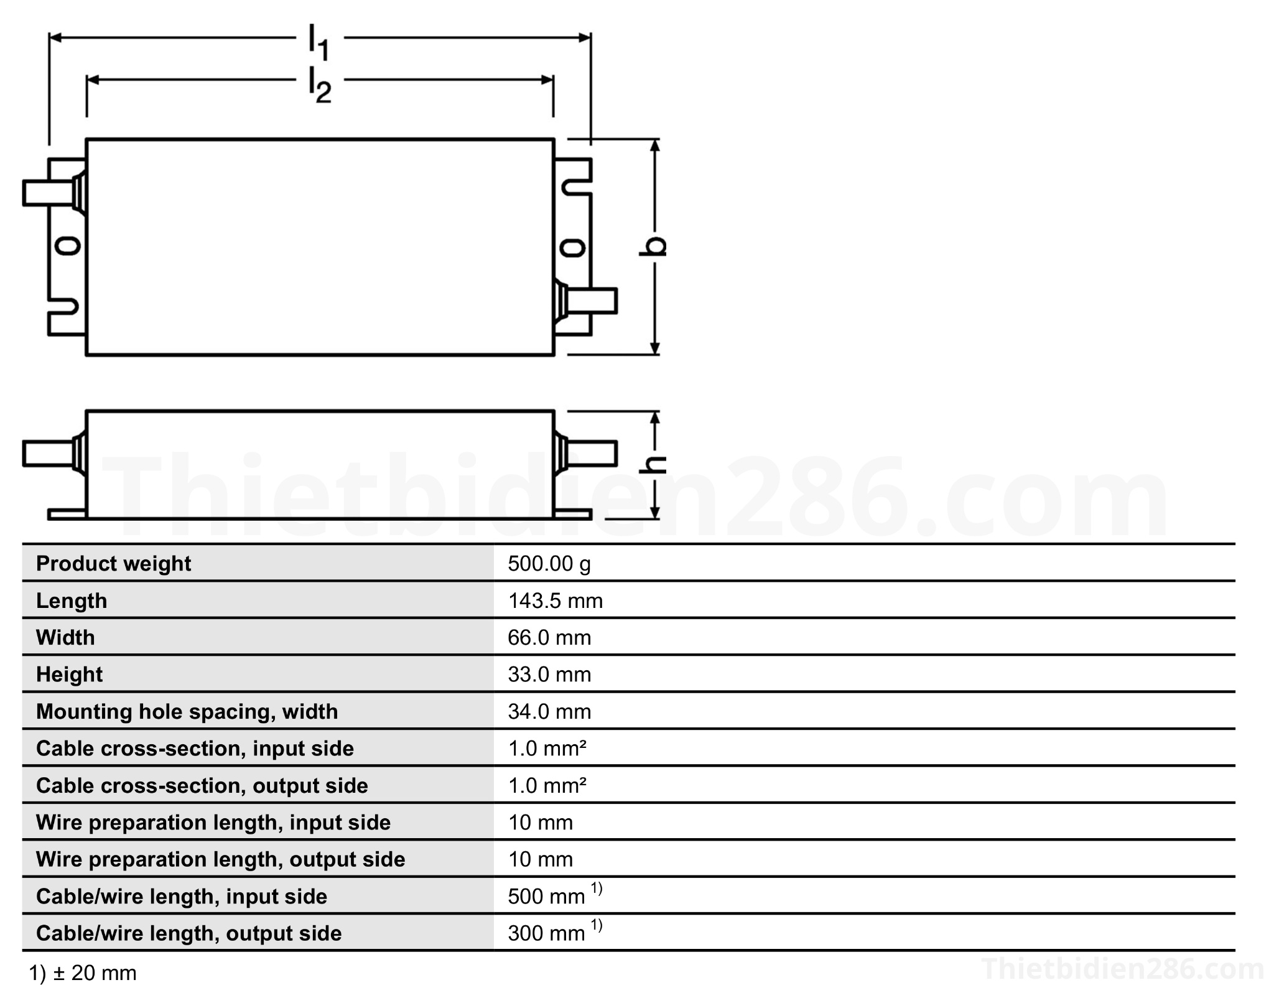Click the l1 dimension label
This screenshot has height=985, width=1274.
pos(319,42)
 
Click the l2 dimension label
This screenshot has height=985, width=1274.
pos(320,85)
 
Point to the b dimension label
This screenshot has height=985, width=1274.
pos(653,246)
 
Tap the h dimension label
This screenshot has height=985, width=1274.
pos(653,464)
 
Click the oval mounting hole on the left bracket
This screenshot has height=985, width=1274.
pos(67,246)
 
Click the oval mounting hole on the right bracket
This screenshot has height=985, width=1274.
pos(572,248)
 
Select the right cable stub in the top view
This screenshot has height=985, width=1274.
pos(591,301)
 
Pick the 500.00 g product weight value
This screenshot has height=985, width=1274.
pos(549,564)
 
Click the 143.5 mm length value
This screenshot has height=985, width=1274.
pos(555,600)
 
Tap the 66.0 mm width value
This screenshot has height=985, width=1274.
pos(549,637)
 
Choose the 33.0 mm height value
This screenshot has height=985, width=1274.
pos(549,675)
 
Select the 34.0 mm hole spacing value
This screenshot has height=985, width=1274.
pos(549,711)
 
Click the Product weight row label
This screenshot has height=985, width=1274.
pos(113,564)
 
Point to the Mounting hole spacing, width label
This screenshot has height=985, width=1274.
pos(187,711)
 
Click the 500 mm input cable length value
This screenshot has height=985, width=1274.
pos(546,896)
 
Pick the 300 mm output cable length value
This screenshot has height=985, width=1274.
pos(546,933)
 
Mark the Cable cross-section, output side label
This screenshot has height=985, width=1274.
pos(202,785)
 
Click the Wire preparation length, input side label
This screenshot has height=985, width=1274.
pos(213,823)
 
